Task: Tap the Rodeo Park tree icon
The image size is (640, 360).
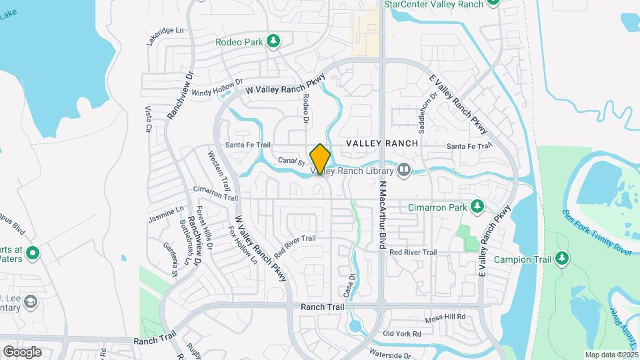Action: pos(273,42)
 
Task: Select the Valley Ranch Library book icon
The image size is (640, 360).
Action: pos(403,171)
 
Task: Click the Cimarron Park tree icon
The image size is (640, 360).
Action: pos(477,207)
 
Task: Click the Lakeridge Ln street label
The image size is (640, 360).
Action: pos(165,31)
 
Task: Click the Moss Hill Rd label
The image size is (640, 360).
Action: pos(444,318)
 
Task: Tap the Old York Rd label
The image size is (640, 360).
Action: pos(402,333)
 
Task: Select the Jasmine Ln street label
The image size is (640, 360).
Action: pos(165,214)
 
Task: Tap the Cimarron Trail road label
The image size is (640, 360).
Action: pos(215,193)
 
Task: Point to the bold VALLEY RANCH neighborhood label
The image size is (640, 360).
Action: pos(382,143)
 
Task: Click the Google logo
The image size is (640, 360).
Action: pos(22,351)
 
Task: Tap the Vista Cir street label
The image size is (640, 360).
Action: pos(149,118)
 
